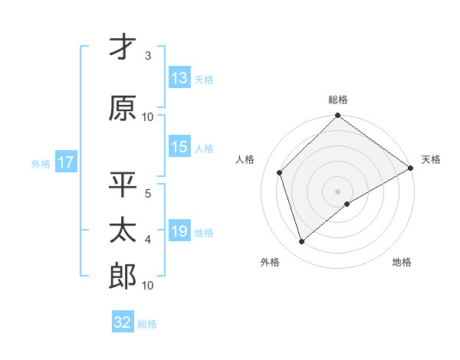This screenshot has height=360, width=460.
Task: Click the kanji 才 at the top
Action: point(123,47)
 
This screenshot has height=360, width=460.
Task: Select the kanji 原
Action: point(123,109)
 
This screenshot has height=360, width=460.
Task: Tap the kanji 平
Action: point(123,185)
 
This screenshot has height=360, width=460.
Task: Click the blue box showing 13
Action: point(179,78)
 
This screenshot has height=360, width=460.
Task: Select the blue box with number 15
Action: point(179,148)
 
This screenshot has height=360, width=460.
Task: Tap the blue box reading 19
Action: point(179,231)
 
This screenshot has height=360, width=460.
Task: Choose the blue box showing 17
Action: point(65,163)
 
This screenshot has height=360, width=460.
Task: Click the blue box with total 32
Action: point(123,322)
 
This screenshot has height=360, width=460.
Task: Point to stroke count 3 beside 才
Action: point(148,56)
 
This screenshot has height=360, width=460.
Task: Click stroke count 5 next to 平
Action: point(148,193)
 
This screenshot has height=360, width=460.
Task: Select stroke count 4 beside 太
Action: point(148,240)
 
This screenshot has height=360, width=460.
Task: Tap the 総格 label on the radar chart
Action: point(337,100)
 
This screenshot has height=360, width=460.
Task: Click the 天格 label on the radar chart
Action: point(431,159)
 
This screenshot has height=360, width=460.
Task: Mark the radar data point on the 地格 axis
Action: point(347,204)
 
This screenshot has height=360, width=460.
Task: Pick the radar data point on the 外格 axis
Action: point(301,242)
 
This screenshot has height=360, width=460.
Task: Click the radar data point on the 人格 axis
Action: point(280,172)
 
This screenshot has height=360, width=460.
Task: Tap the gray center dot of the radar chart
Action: point(337,191)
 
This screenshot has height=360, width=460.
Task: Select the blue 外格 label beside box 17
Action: point(41,164)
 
